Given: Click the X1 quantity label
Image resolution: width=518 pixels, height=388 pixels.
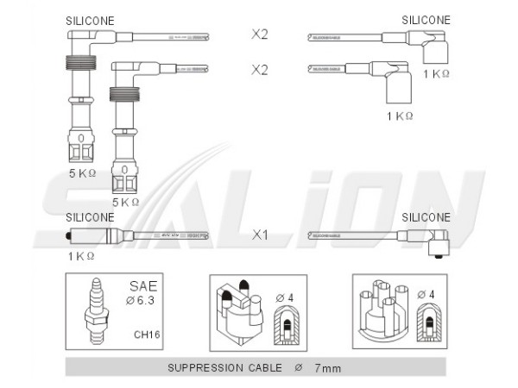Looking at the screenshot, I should coord(259,234).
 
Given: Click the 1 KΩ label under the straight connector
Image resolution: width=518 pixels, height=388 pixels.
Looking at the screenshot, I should coord(79,256).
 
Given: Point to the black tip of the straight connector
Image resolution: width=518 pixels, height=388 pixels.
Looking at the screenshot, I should coord(68,235).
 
